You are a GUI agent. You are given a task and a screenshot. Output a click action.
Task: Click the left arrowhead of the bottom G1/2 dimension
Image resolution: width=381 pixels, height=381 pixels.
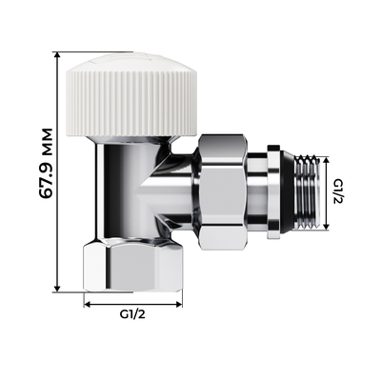coord(88,303)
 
